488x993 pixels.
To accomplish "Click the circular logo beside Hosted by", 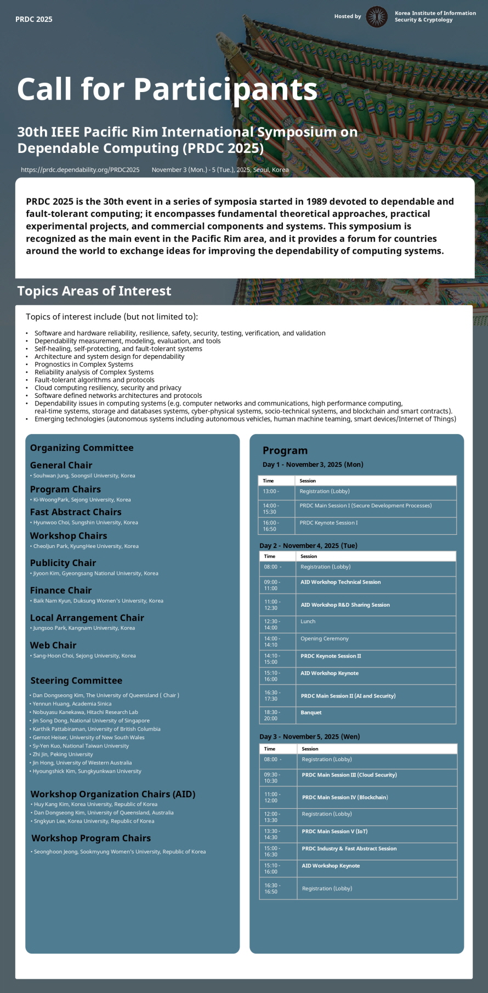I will [377, 17].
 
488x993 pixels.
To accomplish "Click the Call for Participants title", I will [167, 89].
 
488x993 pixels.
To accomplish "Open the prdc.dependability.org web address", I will [80, 170].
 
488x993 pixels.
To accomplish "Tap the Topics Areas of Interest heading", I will [94, 291].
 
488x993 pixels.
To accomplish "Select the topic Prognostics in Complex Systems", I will [84, 364].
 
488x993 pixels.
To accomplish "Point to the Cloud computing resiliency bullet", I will [107, 387].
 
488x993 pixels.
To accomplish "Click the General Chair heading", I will [61, 465].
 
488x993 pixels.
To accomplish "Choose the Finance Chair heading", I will [61, 590].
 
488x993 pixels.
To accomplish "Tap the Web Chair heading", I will [53, 645].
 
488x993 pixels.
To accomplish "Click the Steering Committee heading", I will [76, 681].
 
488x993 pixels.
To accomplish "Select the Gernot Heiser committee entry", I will [88, 737].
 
